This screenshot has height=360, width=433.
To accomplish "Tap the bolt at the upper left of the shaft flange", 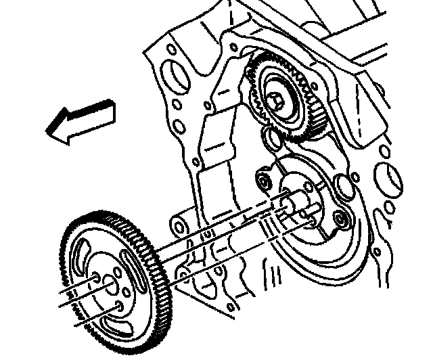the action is click(x=263, y=181).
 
